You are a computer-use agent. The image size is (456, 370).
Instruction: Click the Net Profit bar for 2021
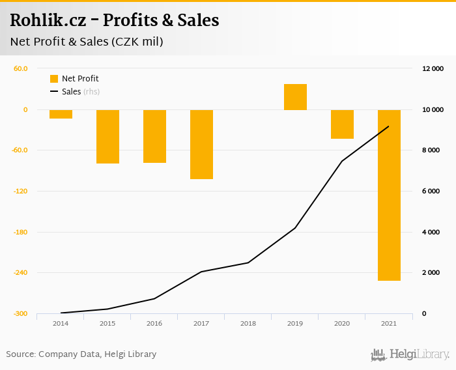(389, 195)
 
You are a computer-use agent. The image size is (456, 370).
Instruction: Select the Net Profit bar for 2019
(295, 97)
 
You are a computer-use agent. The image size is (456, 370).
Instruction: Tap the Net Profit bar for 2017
(201, 144)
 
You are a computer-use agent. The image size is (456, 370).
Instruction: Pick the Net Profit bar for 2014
(61, 114)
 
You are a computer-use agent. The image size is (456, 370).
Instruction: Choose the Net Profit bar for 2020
(342, 124)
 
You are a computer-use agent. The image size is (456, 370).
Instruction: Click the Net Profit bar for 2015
(107, 136)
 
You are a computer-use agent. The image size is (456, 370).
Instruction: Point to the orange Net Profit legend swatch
(54, 79)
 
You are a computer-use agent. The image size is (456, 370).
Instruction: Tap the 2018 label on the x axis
(248, 324)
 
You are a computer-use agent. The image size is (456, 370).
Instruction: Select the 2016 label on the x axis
(154, 324)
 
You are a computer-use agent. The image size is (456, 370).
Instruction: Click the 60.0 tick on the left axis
(20, 68)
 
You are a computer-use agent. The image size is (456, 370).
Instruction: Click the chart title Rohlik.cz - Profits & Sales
(115, 20)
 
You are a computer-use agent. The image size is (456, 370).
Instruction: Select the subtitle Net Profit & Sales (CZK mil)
(87, 42)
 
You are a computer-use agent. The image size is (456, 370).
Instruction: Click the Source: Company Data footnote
(81, 354)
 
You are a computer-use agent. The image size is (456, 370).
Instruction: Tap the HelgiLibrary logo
(410, 355)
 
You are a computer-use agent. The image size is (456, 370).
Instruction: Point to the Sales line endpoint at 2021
(389, 126)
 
